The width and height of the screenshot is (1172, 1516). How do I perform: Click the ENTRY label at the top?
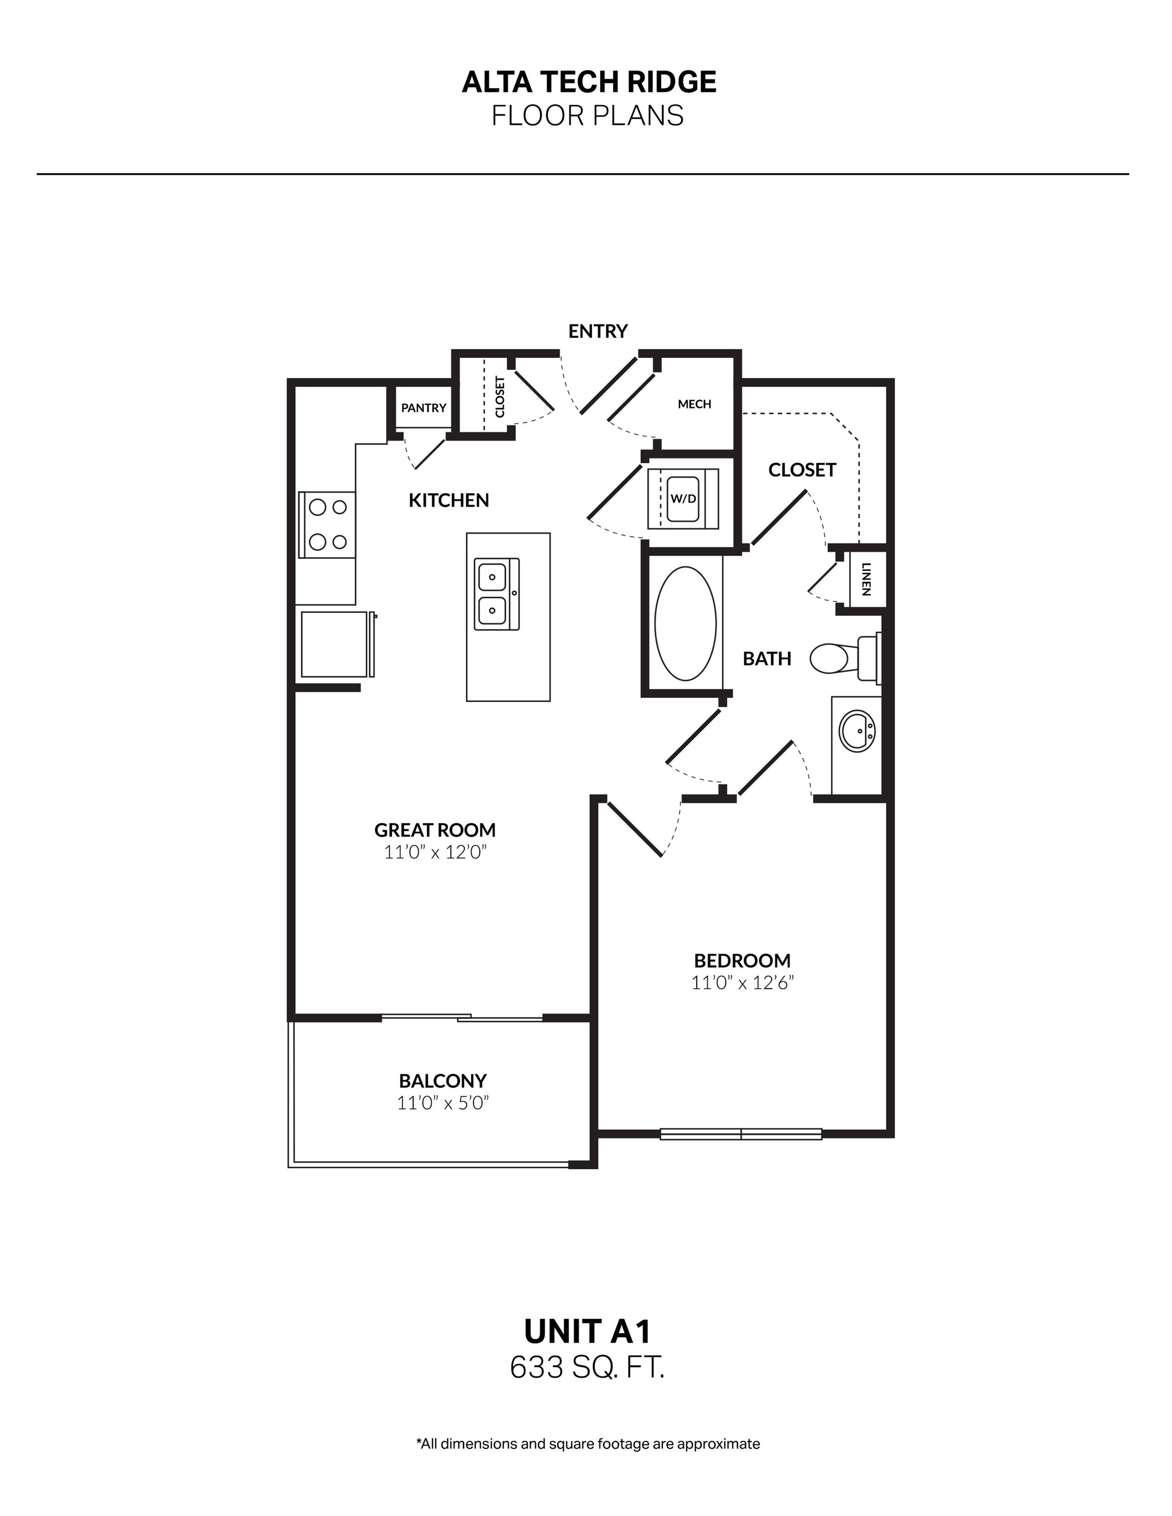598,331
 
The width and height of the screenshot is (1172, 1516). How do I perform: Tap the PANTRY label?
424,408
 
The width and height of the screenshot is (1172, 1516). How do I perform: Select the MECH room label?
694,404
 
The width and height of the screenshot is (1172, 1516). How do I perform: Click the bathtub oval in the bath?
685,623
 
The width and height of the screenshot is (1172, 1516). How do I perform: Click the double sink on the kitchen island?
495,594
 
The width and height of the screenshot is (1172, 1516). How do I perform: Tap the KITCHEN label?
449,500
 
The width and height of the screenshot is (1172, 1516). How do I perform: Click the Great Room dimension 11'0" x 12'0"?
435,852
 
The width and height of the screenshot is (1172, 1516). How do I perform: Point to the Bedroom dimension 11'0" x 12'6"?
742,983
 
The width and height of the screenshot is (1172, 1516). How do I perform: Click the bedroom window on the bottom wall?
741,1134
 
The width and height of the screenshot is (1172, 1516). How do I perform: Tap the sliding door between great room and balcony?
462,1018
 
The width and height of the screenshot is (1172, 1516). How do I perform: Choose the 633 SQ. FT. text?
587,1368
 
